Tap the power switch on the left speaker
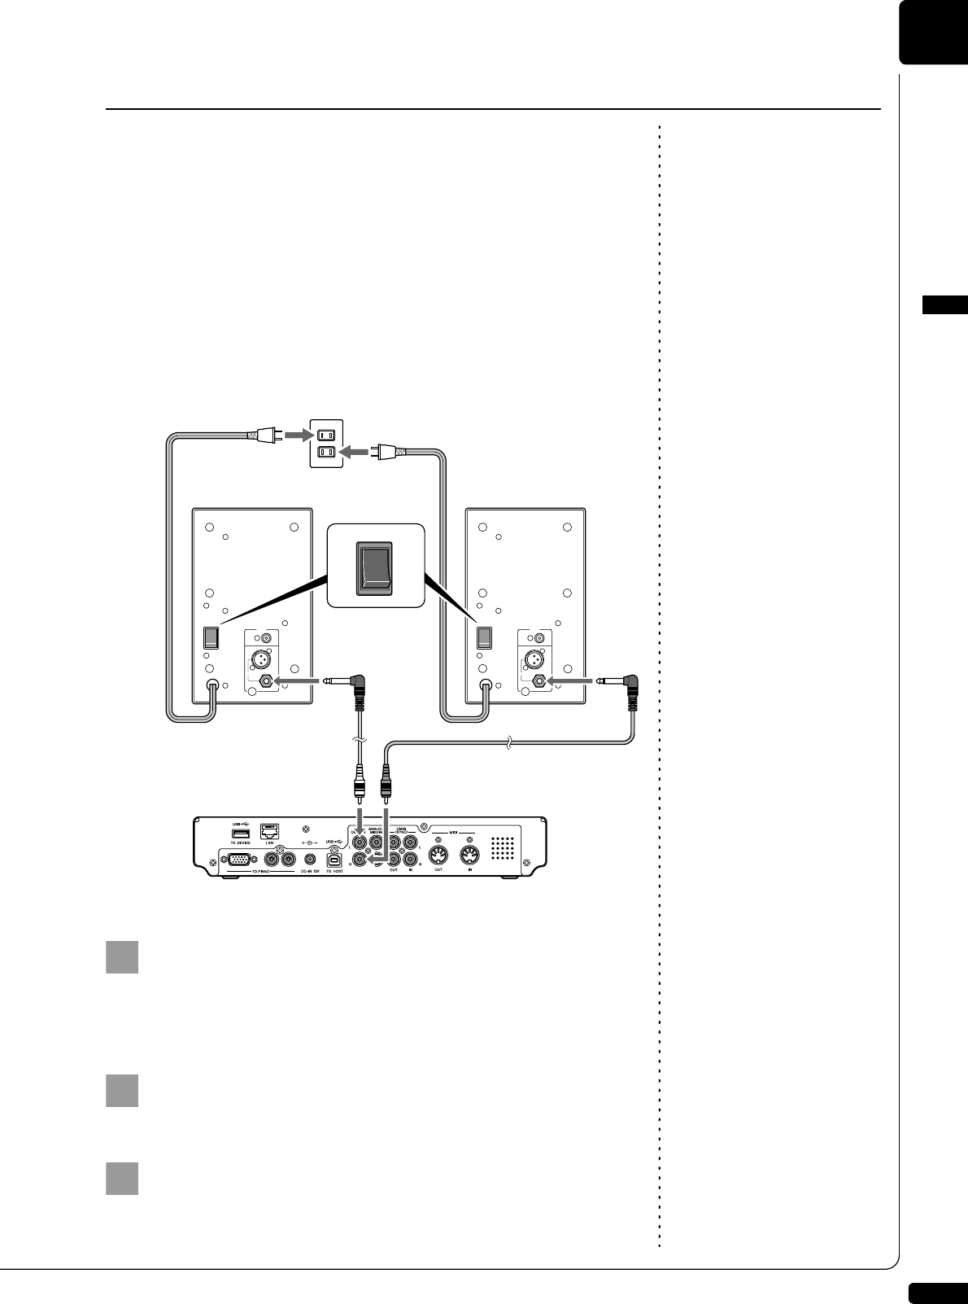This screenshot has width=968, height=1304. click(x=210, y=637)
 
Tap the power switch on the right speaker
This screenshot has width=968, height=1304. click(x=484, y=637)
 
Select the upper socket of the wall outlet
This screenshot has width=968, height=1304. click(x=325, y=435)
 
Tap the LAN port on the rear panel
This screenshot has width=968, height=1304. click(x=270, y=831)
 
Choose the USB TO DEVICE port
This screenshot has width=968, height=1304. click(x=241, y=834)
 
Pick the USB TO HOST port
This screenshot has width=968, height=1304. click(x=334, y=859)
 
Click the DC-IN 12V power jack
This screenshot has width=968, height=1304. click(x=310, y=858)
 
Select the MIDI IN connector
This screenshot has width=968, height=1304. click(x=470, y=856)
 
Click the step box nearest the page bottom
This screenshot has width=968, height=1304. click(x=122, y=1178)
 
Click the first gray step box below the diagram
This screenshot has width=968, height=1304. click(x=122, y=957)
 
